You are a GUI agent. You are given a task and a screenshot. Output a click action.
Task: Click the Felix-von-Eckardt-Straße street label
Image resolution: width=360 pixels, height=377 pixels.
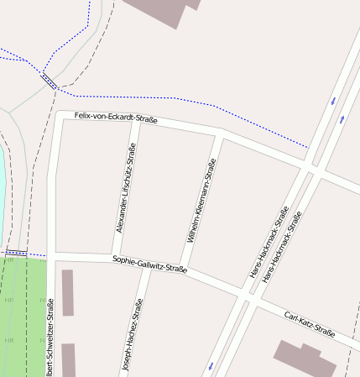116,118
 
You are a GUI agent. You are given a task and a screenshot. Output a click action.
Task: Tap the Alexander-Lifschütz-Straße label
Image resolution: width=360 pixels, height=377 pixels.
125,186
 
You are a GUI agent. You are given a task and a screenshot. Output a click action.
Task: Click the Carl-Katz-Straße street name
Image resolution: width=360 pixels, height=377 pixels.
310,325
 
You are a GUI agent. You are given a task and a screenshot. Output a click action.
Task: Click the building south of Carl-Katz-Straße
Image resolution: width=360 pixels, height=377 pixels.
305,359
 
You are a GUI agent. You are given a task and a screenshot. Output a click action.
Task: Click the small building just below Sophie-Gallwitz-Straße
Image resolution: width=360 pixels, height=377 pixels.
68,292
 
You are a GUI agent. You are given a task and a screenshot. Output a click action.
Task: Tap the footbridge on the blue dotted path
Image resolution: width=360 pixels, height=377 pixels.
49,81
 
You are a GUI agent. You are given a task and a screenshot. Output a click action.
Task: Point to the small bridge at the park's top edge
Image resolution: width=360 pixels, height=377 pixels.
16,252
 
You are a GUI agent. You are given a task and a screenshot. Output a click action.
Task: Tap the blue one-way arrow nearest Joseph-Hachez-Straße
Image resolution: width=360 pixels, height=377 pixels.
210,365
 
